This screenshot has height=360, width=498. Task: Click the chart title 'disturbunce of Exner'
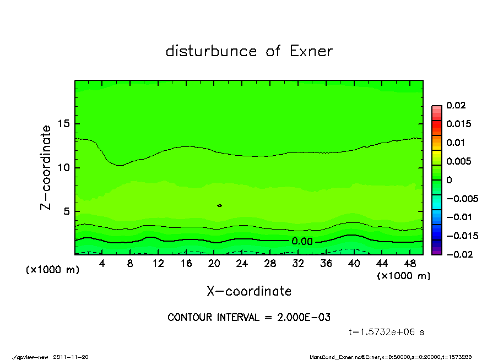(x=249, y=51)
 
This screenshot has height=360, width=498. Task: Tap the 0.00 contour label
(x=302, y=241)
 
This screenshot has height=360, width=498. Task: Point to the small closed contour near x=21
(x=220, y=205)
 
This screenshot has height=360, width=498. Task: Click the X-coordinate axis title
(x=249, y=291)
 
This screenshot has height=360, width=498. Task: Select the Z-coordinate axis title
(x=46, y=167)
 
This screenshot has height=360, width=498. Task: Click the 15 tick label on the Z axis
(x=64, y=124)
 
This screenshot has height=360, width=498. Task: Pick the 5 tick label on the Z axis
(x=67, y=211)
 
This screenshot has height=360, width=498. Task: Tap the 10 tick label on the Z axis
(x=64, y=168)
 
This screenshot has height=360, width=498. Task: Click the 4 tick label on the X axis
(x=102, y=264)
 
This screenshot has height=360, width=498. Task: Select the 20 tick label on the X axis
(x=214, y=264)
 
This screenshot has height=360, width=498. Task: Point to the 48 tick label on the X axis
(x=409, y=264)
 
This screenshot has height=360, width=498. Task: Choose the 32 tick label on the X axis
(x=297, y=264)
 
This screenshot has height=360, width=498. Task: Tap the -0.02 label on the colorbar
(x=458, y=254)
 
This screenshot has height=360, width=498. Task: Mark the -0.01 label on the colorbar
(x=458, y=217)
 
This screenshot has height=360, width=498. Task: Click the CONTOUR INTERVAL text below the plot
(x=249, y=318)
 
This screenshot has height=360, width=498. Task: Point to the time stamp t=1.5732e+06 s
(x=386, y=332)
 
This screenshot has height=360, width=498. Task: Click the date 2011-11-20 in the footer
(x=71, y=357)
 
